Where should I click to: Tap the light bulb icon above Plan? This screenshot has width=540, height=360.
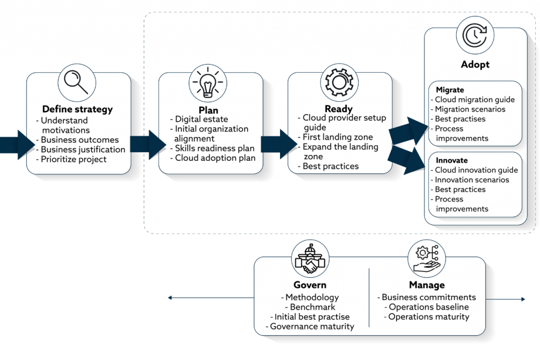[x=208, y=83]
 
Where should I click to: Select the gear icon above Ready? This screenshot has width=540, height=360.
[x=339, y=82]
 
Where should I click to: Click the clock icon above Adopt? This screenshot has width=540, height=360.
[x=475, y=35]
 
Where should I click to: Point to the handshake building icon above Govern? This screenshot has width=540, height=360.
[x=310, y=258]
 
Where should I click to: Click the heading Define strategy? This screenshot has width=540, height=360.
[x=78, y=110]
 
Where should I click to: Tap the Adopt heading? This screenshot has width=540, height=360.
[x=475, y=64]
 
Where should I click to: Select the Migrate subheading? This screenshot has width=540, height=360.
[x=450, y=90]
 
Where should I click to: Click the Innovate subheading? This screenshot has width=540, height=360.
[x=451, y=160]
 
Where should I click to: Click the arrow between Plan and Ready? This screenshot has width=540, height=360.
[x=278, y=144]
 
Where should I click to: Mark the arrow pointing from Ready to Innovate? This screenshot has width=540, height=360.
[x=407, y=160]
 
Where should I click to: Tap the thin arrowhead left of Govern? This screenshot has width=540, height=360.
[x=170, y=298]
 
